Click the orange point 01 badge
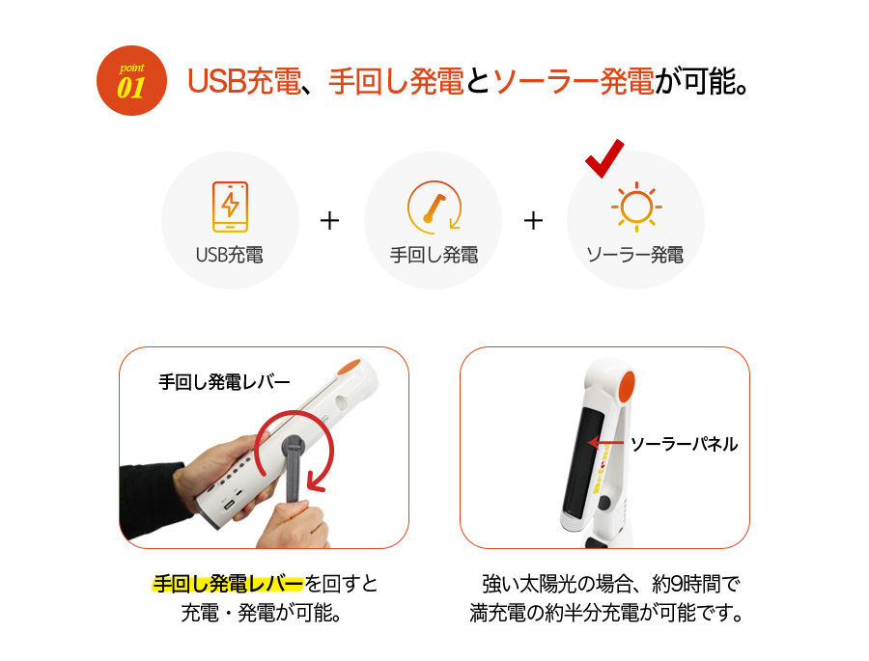coord(131,81)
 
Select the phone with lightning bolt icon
coord(230,207)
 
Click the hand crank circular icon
coord(434,207)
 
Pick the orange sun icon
coord(636,207)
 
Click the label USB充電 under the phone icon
coord(230,255)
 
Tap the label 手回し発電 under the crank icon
coord(434,255)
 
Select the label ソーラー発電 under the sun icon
coord(635,255)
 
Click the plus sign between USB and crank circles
coord(330,221)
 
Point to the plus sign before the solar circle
coord(533,221)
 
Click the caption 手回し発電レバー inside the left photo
coord(224,382)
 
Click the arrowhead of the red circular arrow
coord(317,481)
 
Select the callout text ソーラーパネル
coord(685,444)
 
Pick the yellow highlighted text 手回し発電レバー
coord(228,584)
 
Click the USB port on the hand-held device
coord(228,507)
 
